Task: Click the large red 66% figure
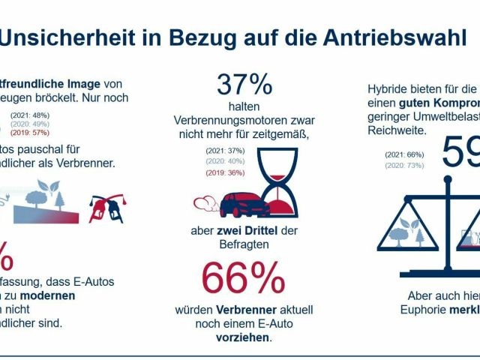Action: point(244,278)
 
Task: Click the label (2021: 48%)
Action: point(31,115)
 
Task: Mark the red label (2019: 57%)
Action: point(31,132)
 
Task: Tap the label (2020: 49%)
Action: point(31,123)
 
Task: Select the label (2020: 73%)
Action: point(405,164)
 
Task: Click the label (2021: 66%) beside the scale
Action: point(405,154)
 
